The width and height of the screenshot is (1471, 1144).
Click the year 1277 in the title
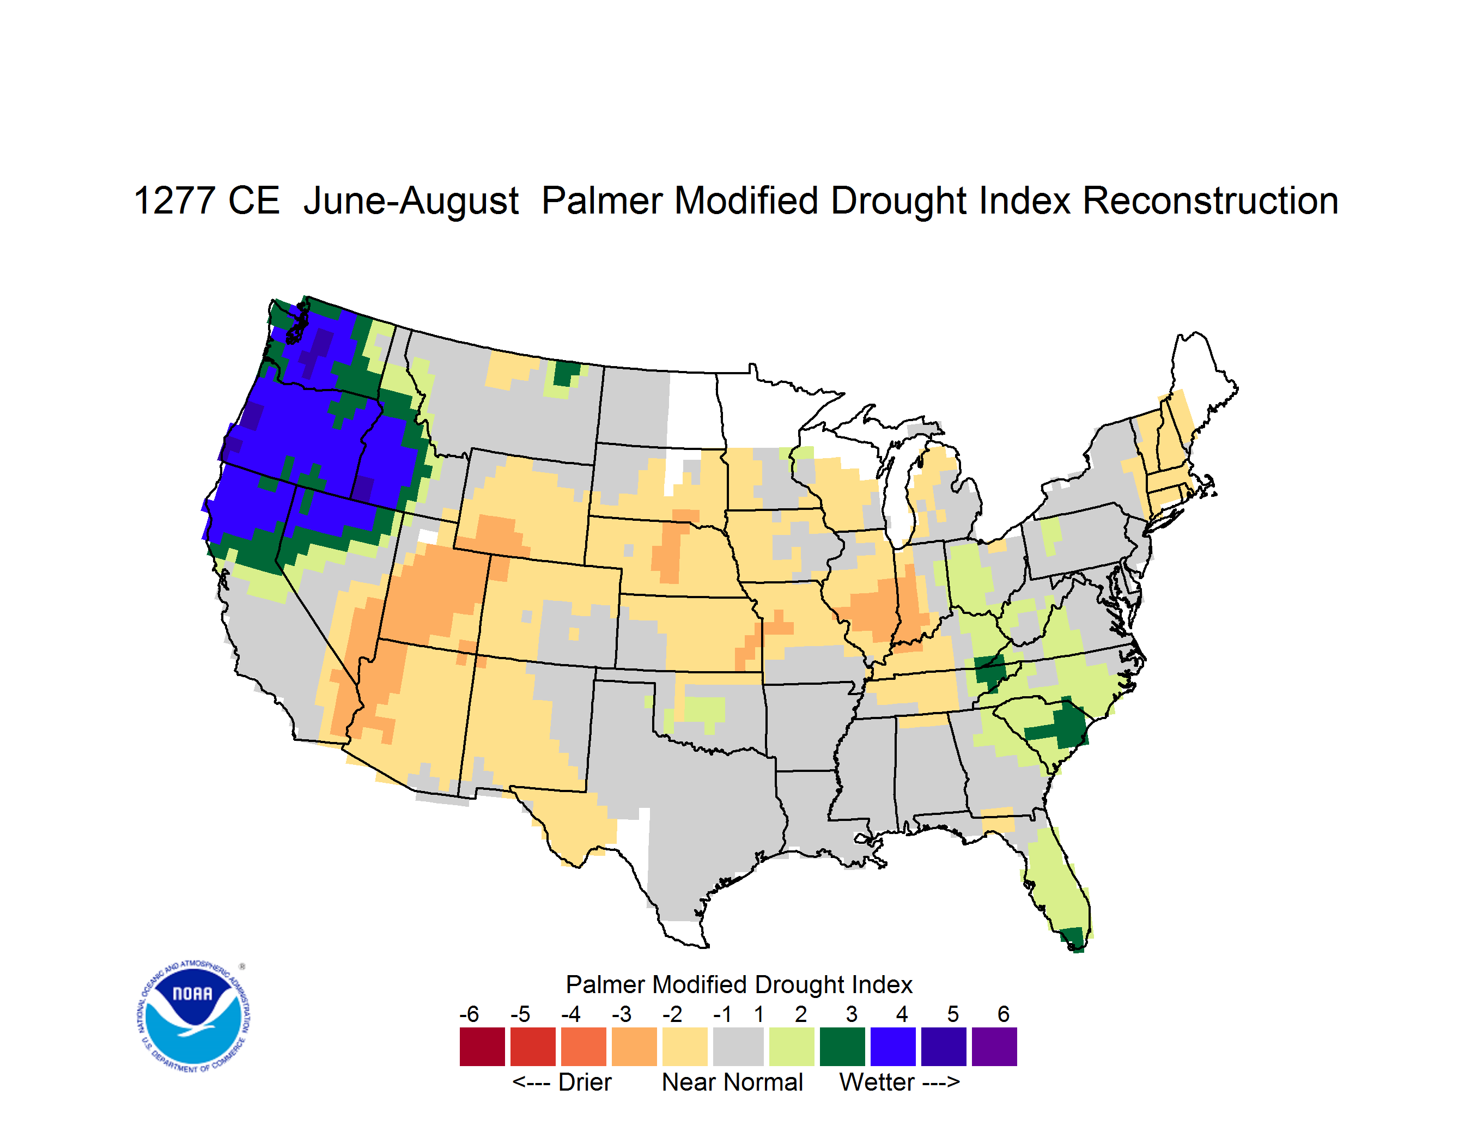[x=174, y=200]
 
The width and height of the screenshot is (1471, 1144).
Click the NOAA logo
[x=193, y=1016]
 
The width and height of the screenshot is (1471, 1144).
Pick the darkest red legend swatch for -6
[x=482, y=1046]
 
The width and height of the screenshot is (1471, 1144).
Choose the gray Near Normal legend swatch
[x=738, y=1046]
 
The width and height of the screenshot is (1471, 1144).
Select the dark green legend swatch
[x=842, y=1046]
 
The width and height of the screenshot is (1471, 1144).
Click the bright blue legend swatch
[x=893, y=1046]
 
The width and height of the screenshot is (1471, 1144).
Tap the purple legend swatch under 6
[x=994, y=1046]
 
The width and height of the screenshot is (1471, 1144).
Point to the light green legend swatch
[x=792, y=1046]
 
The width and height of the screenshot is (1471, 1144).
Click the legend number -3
[x=622, y=1014]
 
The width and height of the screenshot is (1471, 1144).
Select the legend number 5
[x=952, y=1014]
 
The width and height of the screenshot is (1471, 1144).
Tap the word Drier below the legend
[x=585, y=1082]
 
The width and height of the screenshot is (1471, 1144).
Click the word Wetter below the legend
[x=877, y=1082]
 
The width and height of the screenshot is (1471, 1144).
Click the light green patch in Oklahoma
[x=704, y=710]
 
